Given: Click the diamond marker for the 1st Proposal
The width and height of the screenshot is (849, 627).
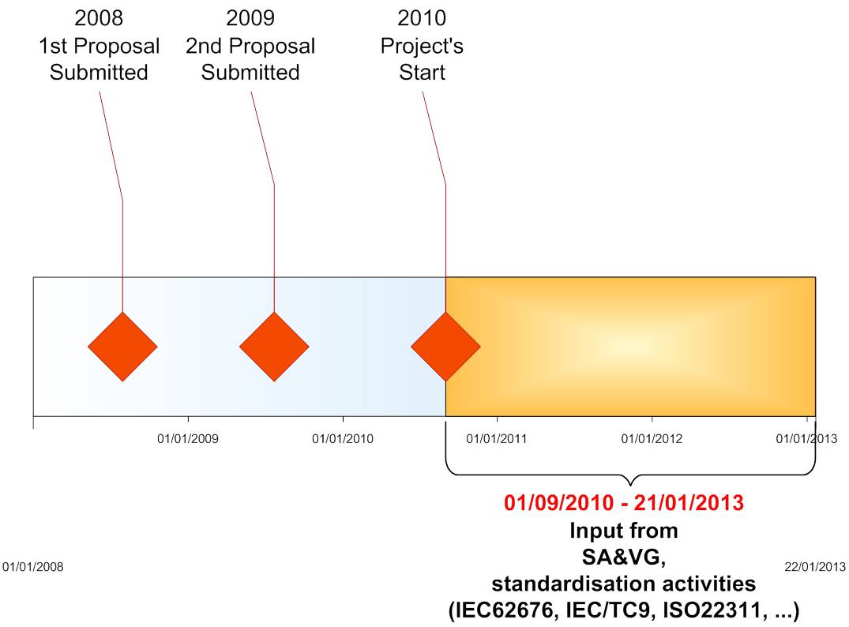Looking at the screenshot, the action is click(122, 347).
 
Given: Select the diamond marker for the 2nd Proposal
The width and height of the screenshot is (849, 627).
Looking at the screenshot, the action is click(274, 347).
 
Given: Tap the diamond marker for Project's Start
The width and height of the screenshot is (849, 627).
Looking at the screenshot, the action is click(445, 347).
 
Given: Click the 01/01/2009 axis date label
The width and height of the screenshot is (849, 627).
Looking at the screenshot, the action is click(188, 438).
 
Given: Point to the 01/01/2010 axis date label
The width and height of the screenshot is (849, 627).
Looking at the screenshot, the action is click(343, 438).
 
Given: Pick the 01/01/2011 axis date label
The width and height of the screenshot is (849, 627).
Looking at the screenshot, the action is click(497, 438).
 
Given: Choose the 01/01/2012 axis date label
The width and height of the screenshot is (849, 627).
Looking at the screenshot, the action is click(652, 438).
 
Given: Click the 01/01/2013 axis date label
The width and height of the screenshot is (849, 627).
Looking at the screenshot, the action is click(807, 438).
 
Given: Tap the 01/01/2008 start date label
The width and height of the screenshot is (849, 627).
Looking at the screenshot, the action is click(33, 567).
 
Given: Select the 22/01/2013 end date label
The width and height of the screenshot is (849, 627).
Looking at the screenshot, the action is click(815, 567).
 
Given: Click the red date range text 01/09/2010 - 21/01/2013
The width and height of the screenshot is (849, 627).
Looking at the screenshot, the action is click(624, 503).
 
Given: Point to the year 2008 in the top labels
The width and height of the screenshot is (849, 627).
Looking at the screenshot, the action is click(99, 18).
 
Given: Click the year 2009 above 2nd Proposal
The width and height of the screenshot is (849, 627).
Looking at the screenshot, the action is click(250, 18).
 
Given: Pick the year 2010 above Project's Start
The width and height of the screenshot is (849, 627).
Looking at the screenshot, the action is click(422, 18).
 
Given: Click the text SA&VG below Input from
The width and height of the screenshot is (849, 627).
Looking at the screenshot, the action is click(624, 558).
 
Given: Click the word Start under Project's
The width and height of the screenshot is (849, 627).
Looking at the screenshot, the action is click(422, 73).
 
